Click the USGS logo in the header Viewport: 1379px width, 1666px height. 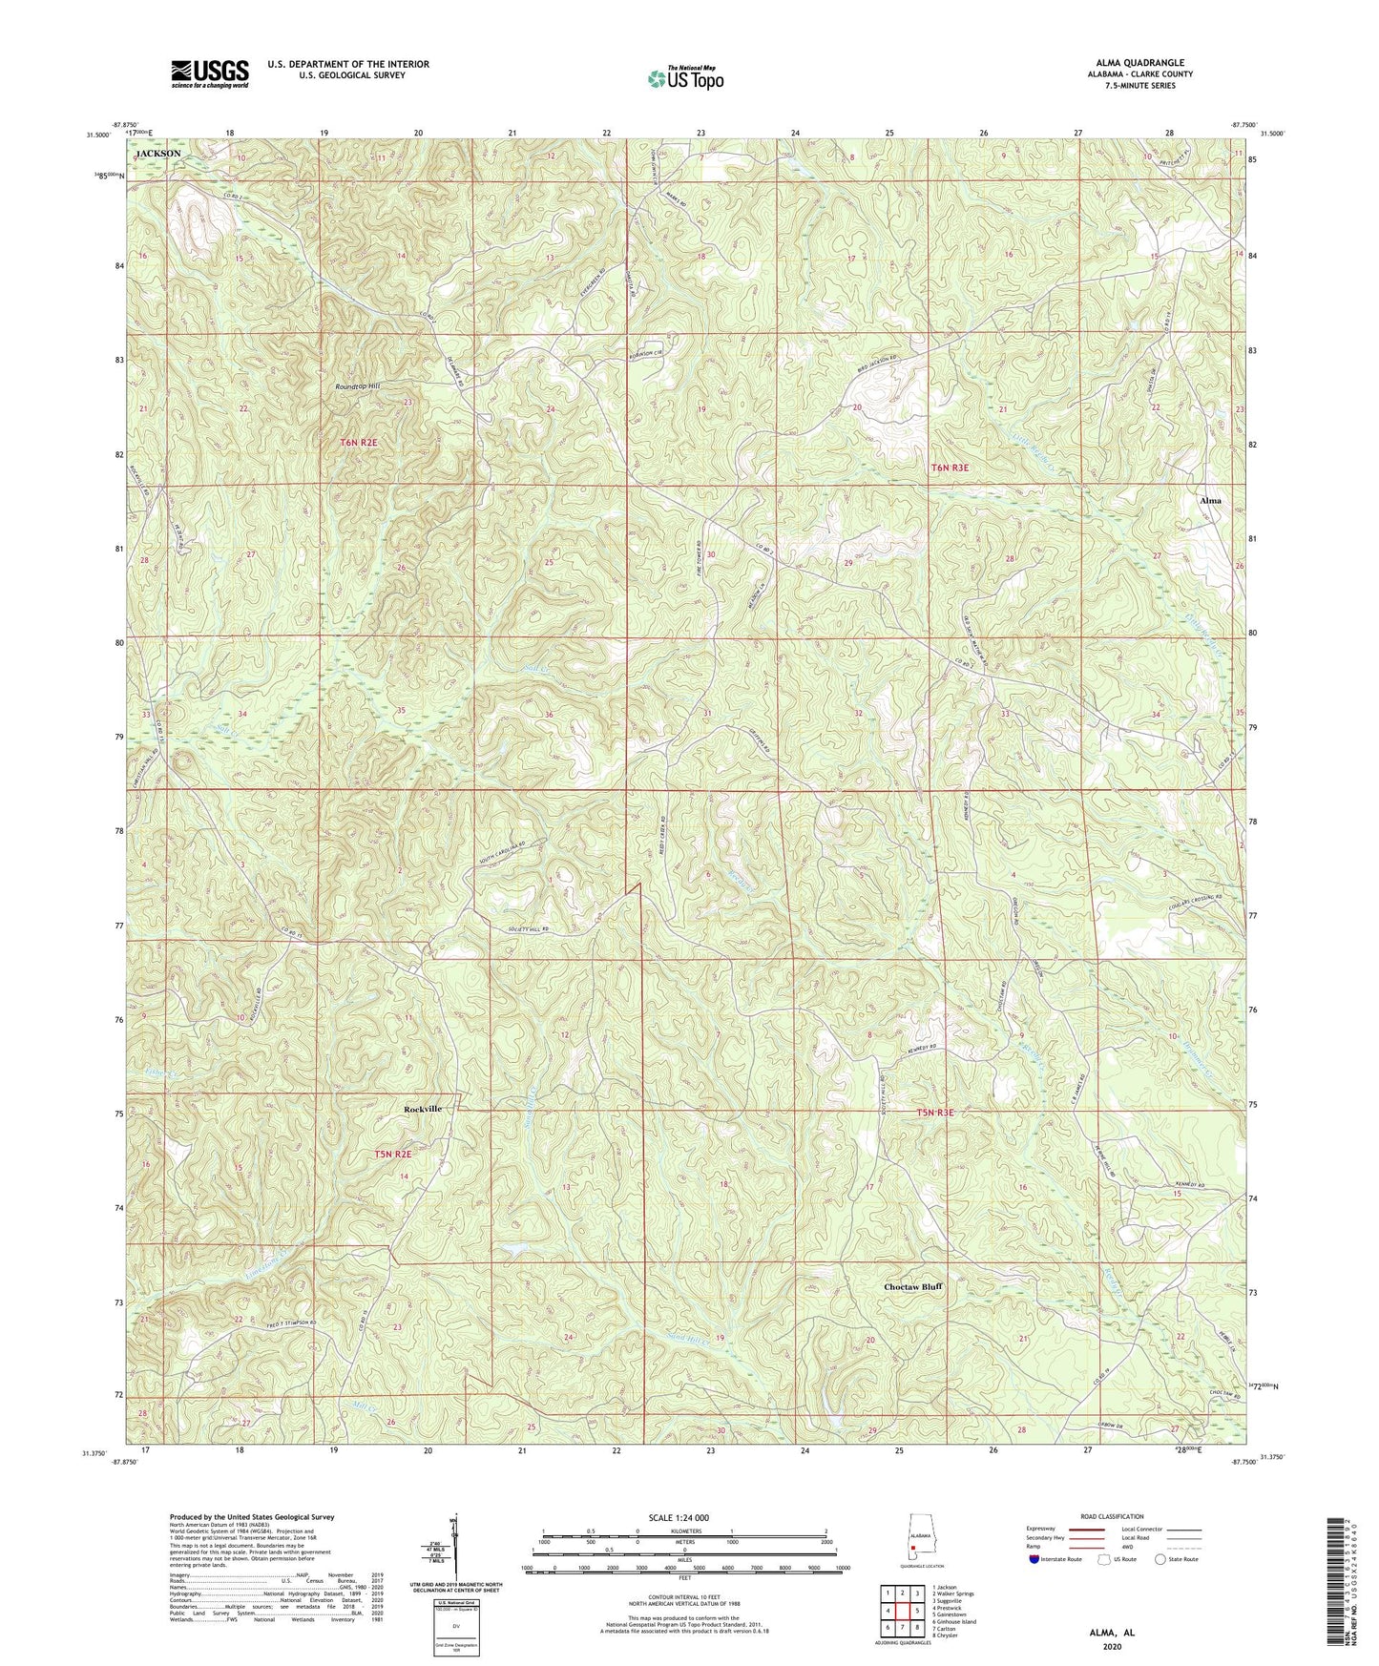pyautogui.click(x=210, y=73)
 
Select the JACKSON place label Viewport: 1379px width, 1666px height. pyautogui.click(x=158, y=153)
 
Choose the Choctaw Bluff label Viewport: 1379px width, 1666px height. pyautogui.click(x=913, y=1286)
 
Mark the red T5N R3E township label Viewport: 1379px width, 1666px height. pyautogui.click(x=936, y=1114)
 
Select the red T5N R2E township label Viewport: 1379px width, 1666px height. pyautogui.click(x=393, y=1154)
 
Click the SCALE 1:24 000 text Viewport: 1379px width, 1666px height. pyautogui.click(x=683, y=1517)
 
